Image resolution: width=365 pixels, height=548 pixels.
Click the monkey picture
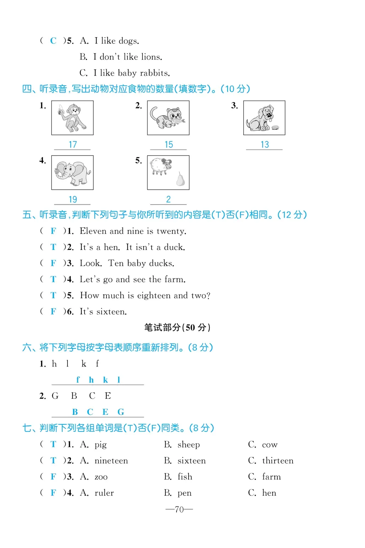[72, 118]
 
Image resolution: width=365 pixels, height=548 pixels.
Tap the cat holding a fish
[168, 118]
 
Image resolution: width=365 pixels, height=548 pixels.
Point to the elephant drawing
[72, 173]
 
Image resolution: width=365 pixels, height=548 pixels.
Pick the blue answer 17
[73, 145]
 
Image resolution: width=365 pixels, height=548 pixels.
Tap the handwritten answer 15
[169, 145]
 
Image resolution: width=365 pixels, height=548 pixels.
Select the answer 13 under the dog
[265, 145]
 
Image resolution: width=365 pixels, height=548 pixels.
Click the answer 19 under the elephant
[73, 200]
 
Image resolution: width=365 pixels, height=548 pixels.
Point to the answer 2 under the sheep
[168, 199]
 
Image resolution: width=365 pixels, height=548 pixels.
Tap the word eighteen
[154, 295]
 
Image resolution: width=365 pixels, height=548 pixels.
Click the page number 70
[179, 510]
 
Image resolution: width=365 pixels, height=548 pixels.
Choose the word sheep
[189, 445]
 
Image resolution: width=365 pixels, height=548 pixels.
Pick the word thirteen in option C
[278, 461]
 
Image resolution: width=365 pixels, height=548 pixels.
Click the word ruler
[104, 493]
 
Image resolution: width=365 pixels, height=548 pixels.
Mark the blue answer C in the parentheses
[53, 41]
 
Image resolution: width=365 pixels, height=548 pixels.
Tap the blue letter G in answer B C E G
[121, 412]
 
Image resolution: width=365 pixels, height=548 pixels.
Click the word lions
[152, 57]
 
